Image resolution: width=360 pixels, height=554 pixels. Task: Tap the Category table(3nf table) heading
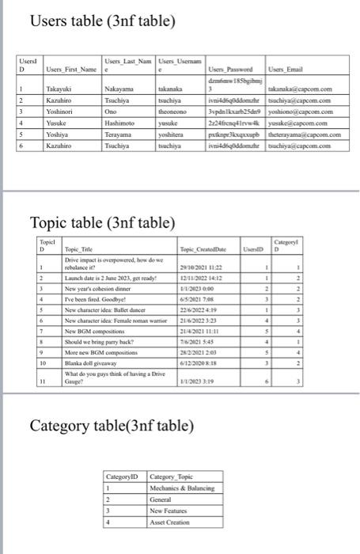click(111, 426)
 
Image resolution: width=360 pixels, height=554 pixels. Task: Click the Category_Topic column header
click(172, 478)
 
